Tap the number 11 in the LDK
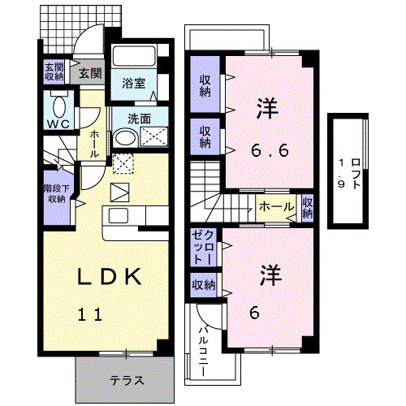coord(90,314)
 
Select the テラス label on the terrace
coord(127,380)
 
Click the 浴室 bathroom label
coord(133,82)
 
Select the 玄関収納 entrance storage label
coord(54,72)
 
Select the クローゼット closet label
coord(203,247)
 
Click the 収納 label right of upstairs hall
coord(308,208)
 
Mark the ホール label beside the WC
coord(95,144)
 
